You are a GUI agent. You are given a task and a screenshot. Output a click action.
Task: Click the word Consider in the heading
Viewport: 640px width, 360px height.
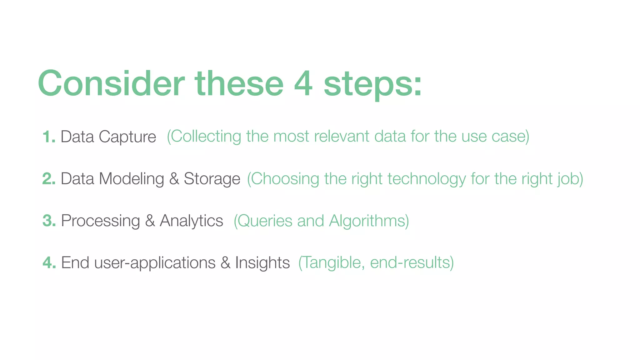click(x=111, y=83)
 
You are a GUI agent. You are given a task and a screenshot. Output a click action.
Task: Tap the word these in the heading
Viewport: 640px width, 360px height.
click(x=239, y=83)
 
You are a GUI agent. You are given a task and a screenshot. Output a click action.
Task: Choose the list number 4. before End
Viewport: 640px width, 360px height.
click(x=49, y=262)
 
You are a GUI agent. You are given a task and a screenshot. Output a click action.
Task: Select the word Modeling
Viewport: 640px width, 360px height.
click(x=132, y=179)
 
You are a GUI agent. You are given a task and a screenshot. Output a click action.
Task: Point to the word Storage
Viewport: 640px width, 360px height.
click(x=212, y=179)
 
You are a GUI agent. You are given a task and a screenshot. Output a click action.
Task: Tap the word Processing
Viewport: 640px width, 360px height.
click(x=100, y=221)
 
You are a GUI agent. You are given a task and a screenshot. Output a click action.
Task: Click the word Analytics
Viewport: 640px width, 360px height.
click(x=191, y=221)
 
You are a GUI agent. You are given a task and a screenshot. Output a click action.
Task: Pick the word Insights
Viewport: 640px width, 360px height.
click(x=262, y=263)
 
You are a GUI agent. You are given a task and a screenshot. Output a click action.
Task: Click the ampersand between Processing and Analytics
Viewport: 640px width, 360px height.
click(x=150, y=221)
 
